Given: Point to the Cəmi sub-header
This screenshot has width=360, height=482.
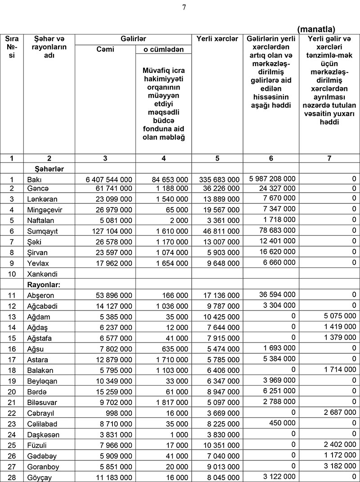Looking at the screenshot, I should tap(105, 50).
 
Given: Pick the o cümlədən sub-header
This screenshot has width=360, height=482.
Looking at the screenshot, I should tap(164, 50).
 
